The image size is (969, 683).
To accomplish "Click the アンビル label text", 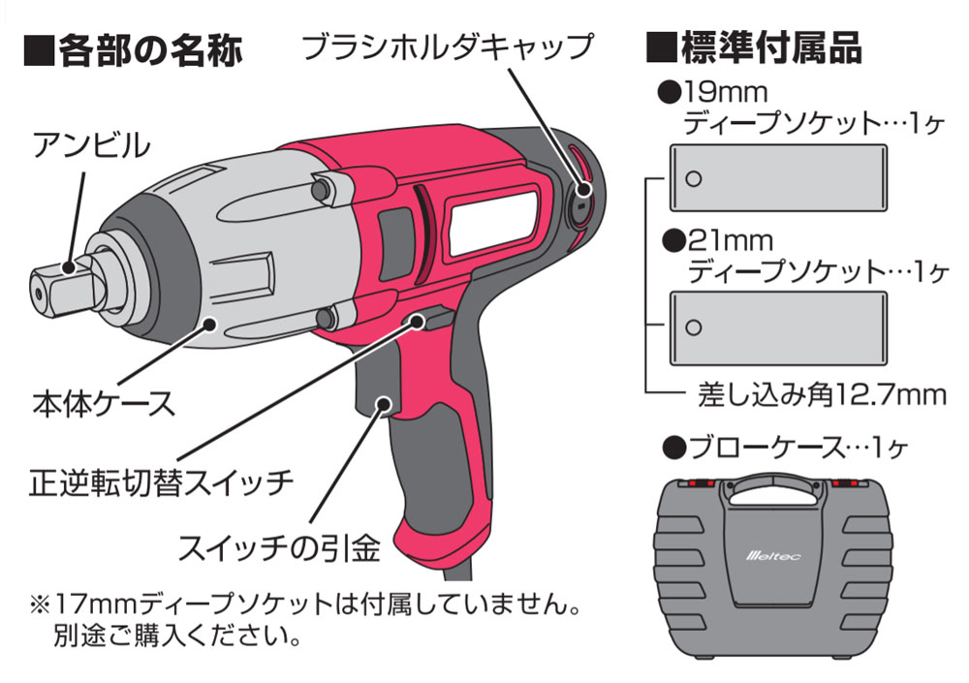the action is [x=91, y=146].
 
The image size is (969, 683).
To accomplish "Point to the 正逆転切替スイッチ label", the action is [x=160, y=482].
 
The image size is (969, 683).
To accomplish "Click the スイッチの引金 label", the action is [x=278, y=547].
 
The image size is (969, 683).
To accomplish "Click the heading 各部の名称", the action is [x=134, y=49].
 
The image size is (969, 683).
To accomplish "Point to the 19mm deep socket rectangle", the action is [x=779, y=178].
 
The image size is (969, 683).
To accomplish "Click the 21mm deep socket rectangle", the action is [x=779, y=327].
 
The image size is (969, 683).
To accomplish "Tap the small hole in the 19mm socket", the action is [x=694, y=178].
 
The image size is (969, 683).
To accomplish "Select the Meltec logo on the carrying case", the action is [x=772, y=556].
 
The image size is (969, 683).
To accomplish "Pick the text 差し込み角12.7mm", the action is [x=822, y=395].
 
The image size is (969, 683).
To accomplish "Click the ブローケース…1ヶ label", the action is [x=785, y=447].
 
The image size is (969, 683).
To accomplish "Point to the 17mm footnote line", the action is [x=305, y=604].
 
